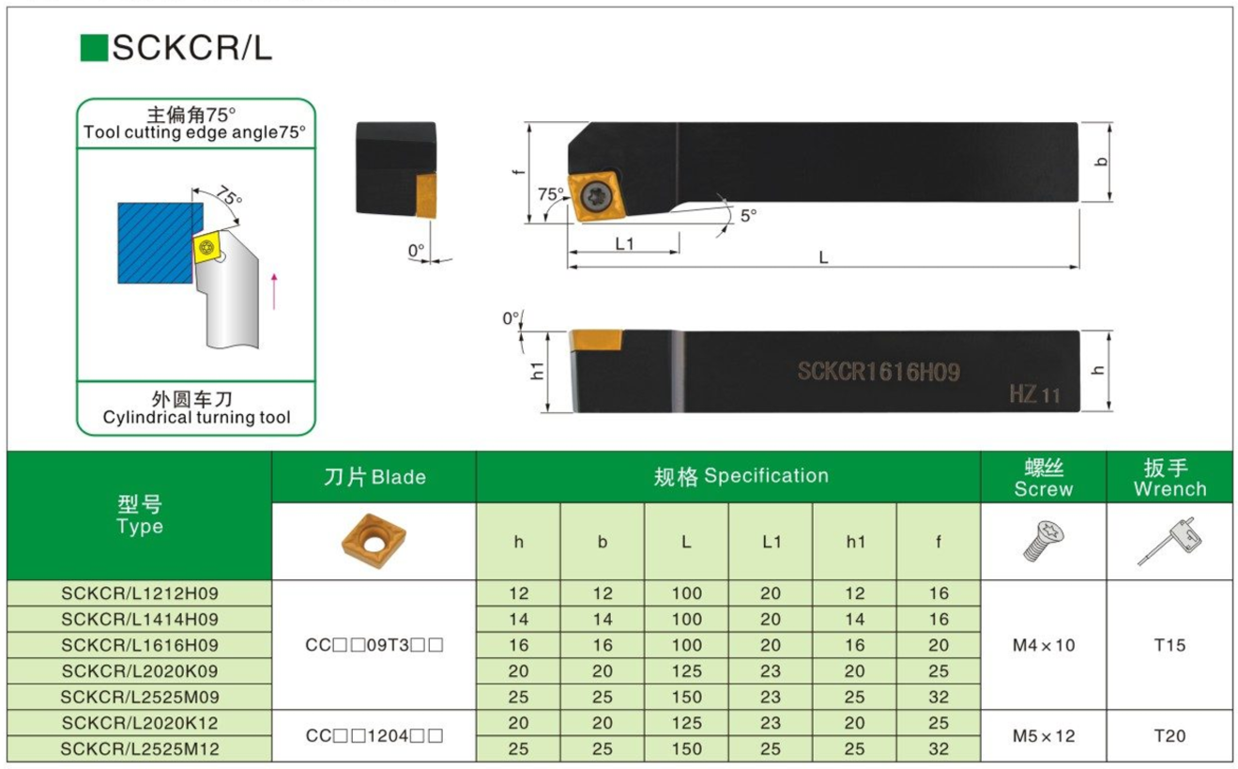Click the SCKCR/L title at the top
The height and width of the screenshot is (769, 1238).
pos(191,47)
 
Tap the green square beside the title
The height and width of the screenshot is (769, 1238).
pos(94,48)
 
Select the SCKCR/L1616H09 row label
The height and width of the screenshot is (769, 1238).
pos(139,645)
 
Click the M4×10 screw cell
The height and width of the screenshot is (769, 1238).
pos(1044,645)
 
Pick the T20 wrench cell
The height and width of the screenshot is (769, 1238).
pos(1169,736)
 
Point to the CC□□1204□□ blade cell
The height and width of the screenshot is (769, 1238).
pos(374,736)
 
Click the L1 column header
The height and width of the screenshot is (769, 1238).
pos(771,542)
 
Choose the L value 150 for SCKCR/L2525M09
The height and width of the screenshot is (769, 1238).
pos(686,698)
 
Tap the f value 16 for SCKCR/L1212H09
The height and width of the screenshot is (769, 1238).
pos(939,593)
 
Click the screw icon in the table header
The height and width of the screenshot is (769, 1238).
pos(1043,542)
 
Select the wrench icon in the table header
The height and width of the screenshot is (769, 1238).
pos(1169,543)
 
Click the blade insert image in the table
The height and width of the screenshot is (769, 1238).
pos(374,541)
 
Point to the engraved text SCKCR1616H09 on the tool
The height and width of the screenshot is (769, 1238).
pos(879,372)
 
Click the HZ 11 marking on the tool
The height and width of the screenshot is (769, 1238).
pos(1034,394)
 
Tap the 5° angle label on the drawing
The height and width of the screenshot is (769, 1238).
pos(747,215)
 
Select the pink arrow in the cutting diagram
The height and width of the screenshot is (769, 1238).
pos(274,290)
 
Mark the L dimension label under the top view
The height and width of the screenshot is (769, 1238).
pos(823,257)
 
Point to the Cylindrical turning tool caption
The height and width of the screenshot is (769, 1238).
pos(196,418)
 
